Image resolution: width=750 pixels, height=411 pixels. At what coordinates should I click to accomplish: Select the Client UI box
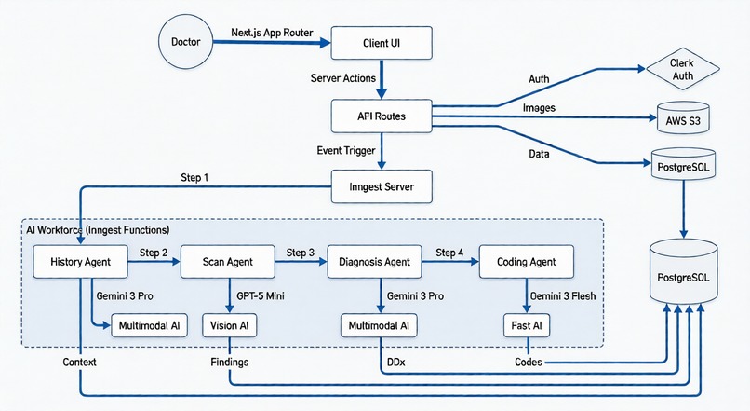click(381, 43)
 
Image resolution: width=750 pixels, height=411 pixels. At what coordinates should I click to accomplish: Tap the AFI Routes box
click(381, 116)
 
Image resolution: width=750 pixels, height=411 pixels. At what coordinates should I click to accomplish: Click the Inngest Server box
click(381, 187)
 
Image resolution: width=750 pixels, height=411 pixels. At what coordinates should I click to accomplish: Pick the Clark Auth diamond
click(682, 68)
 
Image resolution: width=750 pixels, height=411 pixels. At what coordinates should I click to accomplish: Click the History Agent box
click(79, 262)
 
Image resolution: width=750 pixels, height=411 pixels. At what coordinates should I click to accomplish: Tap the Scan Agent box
click(228, 262)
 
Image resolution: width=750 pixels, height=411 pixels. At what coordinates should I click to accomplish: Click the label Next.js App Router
click(270, 32)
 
